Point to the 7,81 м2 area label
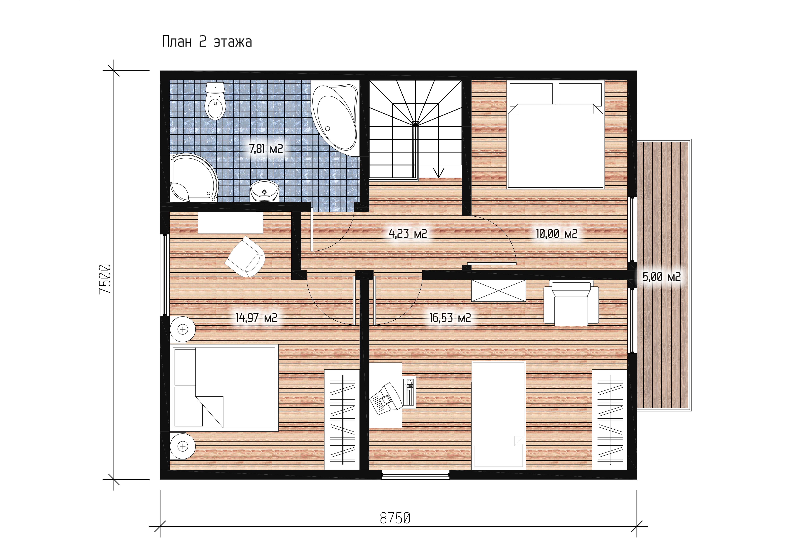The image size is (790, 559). point(266,149)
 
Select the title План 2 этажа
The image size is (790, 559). point(207,42)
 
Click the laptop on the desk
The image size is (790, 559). point(385,398)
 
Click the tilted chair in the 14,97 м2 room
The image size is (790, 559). point(245,256)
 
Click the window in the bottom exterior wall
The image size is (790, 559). point(416,475)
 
